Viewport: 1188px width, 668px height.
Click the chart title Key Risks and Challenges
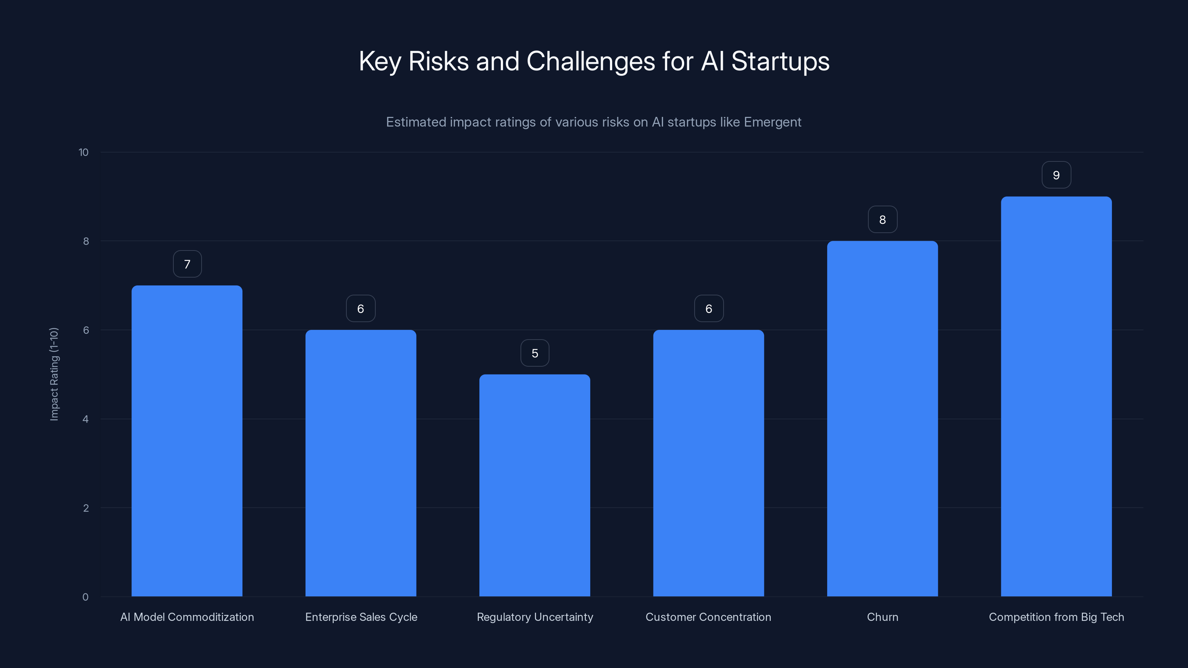click(x=594, y=61)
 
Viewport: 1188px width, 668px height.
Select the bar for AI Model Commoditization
click(x=187, y=441)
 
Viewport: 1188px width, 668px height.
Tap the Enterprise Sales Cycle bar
click(x=360, y=463)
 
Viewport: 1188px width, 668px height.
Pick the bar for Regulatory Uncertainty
click(x=535, y=485)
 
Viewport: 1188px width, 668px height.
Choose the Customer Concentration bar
click(x=708, y=463)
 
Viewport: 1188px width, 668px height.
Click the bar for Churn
click(x=882, y=419)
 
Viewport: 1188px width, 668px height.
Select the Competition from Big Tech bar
click(x=1056, y=396)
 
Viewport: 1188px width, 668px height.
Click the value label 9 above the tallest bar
click(x=1056, y=175)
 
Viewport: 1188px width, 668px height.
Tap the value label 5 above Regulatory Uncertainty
click(x=535, y=353)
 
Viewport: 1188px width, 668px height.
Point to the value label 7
click(x=187, y=264)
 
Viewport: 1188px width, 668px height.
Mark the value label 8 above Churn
click(x=882, y=220)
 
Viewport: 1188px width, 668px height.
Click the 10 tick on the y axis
click(x=84, y=152)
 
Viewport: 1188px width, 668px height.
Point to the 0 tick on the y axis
click(x=85, y=597)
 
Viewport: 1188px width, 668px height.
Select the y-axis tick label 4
click(x=85, y=419)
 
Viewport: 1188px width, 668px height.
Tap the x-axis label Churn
click(x=882, y=617)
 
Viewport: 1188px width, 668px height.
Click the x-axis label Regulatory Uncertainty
click(x=535, y=617)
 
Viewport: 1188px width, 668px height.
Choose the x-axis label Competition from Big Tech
click(x=1056, y=617)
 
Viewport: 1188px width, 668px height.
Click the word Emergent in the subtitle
click(x=773, y=122)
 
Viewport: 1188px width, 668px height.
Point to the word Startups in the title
click(x=780, y=61)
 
